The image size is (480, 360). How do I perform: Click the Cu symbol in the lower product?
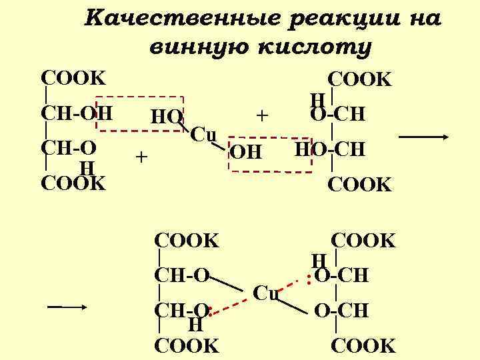[x=267, y=293]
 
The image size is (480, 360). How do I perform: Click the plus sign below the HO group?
[x=140, y=157]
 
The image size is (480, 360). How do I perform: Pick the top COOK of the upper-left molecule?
[x=73, y=77]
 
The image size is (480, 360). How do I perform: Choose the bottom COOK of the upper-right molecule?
[x=361, y=185]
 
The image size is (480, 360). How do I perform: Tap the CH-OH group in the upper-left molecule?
[x=75, y=112]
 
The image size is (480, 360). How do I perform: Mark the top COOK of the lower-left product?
[x=186, y=240]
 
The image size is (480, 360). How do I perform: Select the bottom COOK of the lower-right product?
[x=363, y=345]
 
